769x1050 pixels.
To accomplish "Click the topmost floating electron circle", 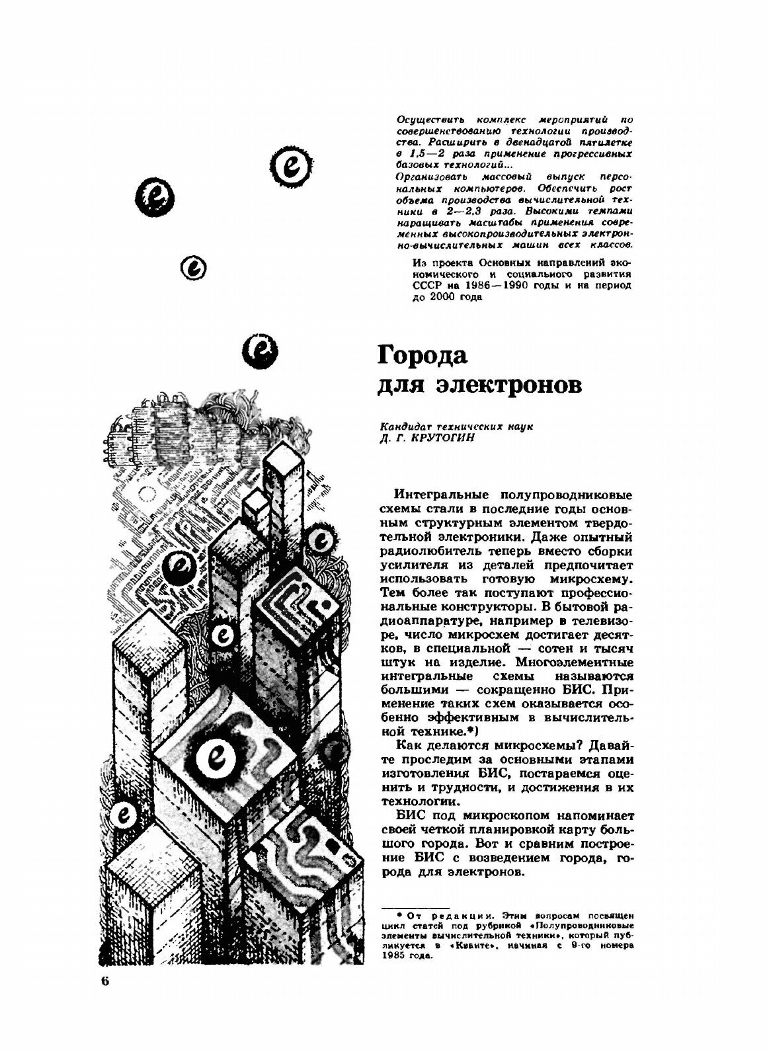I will [291, 165].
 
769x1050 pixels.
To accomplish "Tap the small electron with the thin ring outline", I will [194, 268].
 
